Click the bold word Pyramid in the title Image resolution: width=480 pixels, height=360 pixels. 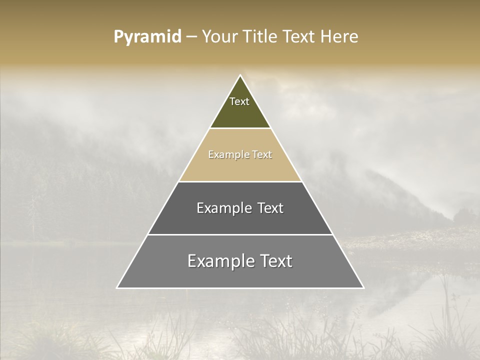(x=147, y=37)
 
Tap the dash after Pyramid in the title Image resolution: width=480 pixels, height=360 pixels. (x=192, y=37)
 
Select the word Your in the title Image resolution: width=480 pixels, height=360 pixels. (x=219, y=37)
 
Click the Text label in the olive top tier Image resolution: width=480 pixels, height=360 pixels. (x=239, y=101)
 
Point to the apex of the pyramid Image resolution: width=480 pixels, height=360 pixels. (x=240, y=75)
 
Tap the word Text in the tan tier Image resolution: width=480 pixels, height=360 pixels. (x=262, y=154)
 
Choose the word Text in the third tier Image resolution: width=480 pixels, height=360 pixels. (x=270, y=208)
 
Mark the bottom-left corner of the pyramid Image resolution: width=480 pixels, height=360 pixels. (x=117, y=288)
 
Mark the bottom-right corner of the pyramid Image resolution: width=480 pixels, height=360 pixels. (x=363, y=288)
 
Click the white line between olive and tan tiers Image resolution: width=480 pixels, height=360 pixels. (x=240, y=128)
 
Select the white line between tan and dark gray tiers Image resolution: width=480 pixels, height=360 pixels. (x=240, y=181)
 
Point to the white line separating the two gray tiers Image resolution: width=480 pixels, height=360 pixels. (x=240, y=234)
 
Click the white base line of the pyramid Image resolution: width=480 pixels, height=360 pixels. (x=240, y=288)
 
